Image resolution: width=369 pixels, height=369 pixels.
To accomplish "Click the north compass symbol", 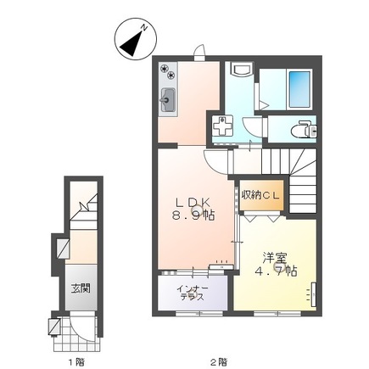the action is (136, 39).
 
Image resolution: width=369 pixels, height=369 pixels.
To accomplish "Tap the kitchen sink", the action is (168, 100).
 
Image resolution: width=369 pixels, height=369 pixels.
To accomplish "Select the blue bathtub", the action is (299, 89).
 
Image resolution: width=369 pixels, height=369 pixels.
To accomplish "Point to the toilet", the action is (304, 130).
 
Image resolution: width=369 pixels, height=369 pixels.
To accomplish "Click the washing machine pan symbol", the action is (223, 126).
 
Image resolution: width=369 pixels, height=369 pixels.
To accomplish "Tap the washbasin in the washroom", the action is (240, 69).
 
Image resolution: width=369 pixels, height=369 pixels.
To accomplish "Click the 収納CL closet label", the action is (260, 195).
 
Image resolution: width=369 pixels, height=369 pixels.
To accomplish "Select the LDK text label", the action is (193, 203).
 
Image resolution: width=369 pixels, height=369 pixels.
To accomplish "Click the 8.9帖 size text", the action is (193, 215).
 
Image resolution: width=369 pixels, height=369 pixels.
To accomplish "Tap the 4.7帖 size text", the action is (276, 271).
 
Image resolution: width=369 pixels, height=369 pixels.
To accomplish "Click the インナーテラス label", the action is (193, 293).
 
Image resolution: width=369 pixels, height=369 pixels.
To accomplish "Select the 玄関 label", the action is (81, 288).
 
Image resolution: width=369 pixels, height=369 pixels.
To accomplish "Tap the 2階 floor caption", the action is (220, 361).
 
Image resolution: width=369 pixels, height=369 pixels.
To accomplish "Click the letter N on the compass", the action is (144, 27).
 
